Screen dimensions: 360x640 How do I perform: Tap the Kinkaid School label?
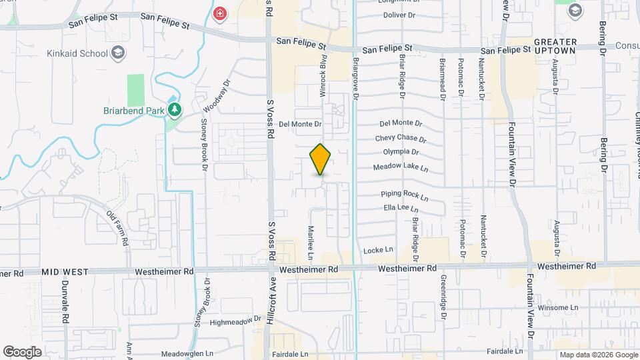click(x=77, y=53)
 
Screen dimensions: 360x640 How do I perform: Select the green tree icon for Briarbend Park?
click(x=175, y=109)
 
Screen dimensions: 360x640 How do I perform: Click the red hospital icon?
click(x=219, y=12)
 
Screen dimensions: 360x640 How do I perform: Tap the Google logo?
click(x=22, y=352)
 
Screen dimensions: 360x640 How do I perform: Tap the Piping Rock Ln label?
click(x=404, y=195)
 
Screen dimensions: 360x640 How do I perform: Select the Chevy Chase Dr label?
click(x=400, y=138)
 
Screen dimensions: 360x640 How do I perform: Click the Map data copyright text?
click(x=597, y=355)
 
